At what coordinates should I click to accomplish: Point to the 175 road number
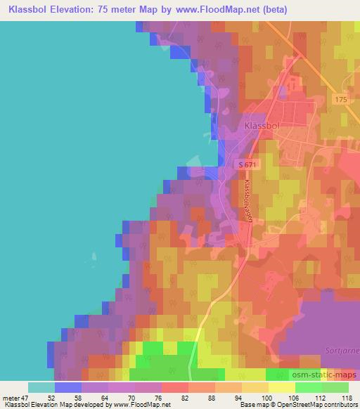pos(341,100)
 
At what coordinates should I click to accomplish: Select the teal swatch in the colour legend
pos(41,387)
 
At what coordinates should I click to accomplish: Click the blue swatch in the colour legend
pos(67,387)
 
